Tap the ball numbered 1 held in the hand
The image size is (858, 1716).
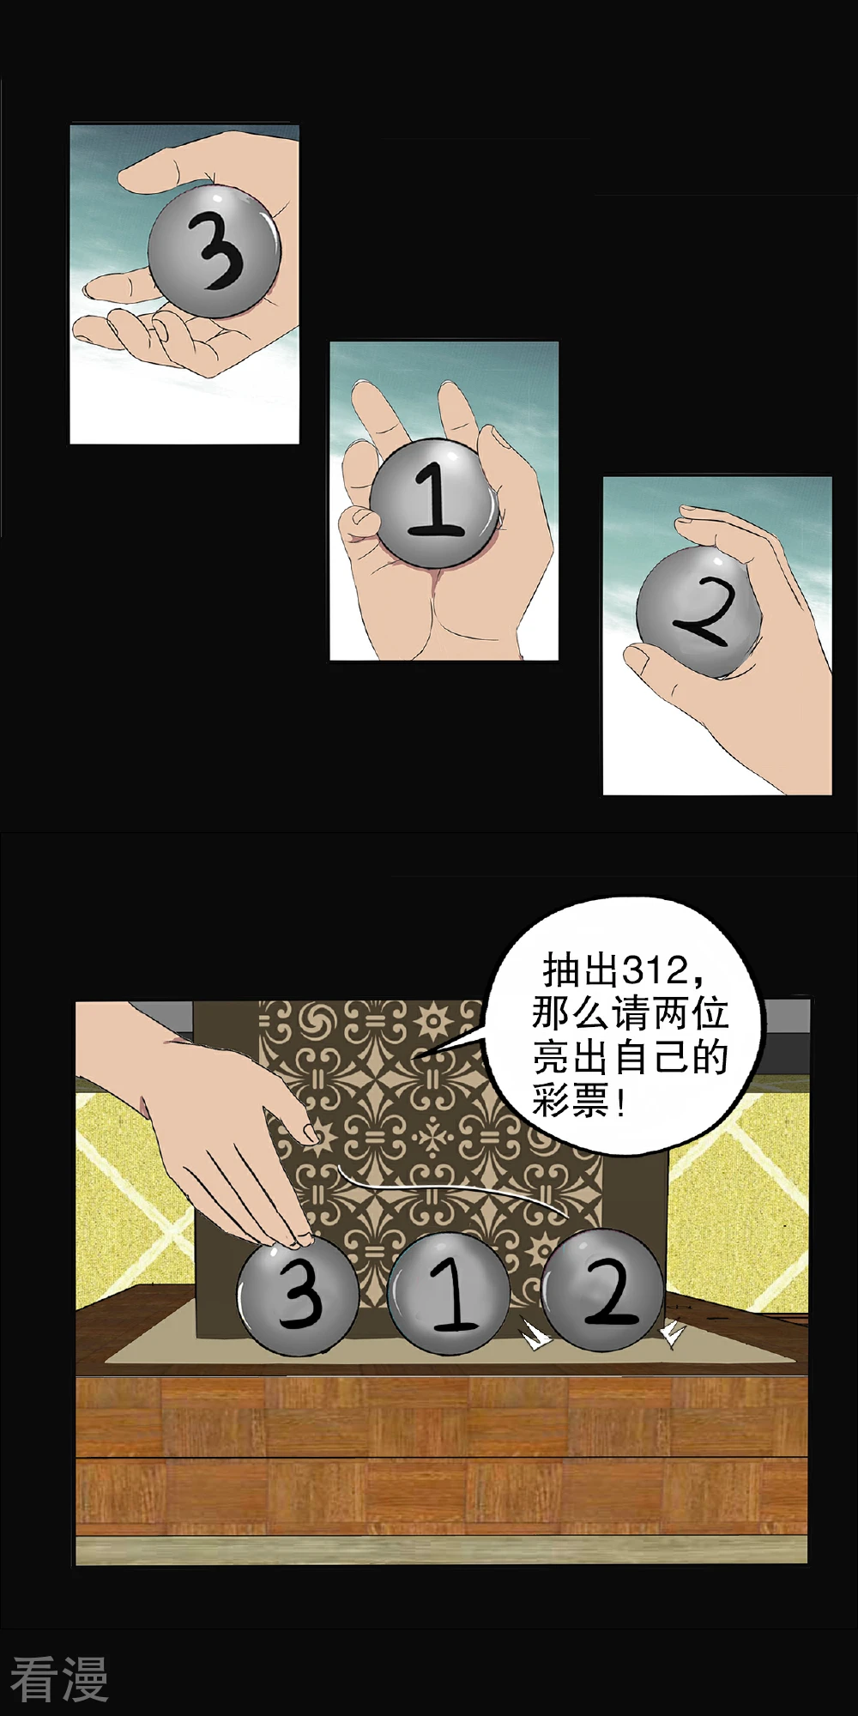click(435, 503)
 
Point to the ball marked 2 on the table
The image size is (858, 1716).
click(602, 1290)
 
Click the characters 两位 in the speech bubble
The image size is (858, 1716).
click(691, 1013)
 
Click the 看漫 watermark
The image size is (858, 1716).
click(59, 1679)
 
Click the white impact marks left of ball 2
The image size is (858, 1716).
click(535, 1335)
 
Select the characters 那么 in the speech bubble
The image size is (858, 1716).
click(571, 1013)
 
